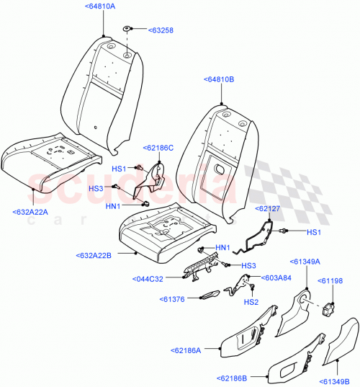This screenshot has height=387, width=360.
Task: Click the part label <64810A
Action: (x=104, y=6)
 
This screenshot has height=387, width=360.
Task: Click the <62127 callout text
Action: (x=271, y=208)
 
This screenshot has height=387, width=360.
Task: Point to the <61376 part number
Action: (x=175, y=298)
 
